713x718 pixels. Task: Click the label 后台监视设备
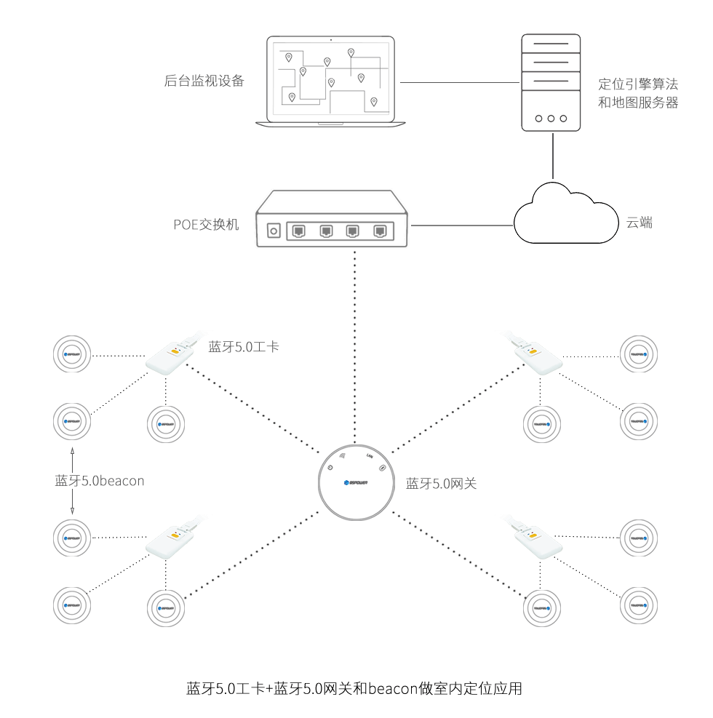pos(204,81)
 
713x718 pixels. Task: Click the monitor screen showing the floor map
pos(332,81)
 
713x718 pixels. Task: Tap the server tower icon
pos(551,81)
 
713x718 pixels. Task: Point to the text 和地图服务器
pos(638,103)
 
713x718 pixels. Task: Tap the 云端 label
pos(640,223)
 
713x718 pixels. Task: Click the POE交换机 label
pos(206,224)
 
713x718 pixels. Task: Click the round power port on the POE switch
pos(274,231)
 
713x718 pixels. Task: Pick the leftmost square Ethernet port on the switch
pos(298,231)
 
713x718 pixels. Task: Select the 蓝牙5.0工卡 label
pos(244,348)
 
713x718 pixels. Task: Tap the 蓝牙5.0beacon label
pos(100,481)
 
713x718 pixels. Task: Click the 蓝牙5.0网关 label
pos(442,483)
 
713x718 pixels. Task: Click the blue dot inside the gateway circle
pos(346,482)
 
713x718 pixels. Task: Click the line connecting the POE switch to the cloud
pos(462,225)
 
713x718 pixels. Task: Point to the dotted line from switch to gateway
pos(355,342)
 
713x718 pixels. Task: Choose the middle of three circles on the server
pos(551,118)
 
